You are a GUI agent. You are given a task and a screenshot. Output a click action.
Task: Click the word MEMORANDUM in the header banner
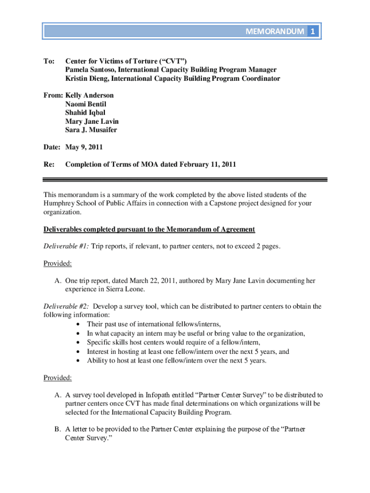coord(274,32)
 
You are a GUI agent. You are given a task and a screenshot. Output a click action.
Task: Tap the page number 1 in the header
coord(313,32)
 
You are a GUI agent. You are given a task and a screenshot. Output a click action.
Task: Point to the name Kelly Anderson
coord(89,95)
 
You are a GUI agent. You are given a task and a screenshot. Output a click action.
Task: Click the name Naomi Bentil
coord(86,104)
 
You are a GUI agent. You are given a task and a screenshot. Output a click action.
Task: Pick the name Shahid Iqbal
coord(85,113)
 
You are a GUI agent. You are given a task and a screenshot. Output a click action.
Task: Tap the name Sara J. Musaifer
coord(91,130)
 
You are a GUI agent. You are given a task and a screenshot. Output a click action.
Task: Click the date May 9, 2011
coord(84,147)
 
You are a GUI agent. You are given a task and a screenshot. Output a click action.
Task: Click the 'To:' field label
coord(49,61)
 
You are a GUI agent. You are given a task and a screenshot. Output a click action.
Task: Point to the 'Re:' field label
coord(49,164)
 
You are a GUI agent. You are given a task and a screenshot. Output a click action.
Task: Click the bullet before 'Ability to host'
coord(78,360)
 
